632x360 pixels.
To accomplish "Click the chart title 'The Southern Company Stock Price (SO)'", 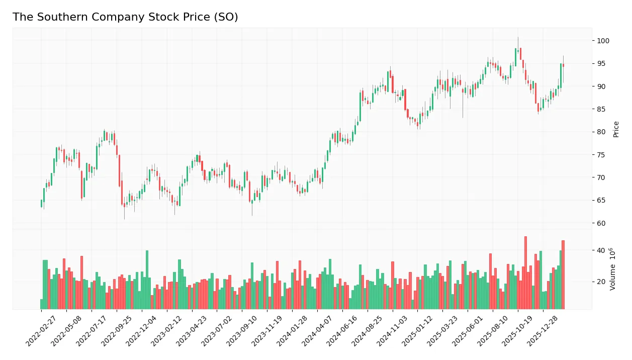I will [125, 17].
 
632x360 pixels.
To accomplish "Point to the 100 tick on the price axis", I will [603, 41].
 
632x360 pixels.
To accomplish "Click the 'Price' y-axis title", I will [616, 129].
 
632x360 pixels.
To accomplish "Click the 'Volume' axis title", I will [612, 269].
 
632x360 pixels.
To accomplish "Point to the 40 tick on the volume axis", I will [601, 250].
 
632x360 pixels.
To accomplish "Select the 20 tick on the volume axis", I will [601, 282].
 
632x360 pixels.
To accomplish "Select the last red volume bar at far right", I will [563, 276].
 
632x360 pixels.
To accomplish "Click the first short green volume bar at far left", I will [41, 304].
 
